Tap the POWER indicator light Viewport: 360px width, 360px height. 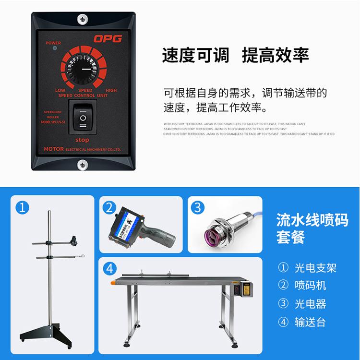pyautogui.click(x=54, y=48)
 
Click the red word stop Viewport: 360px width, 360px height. pyautogui.click(x=83, y=139)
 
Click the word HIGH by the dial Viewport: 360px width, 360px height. pyautogui.click(x=111, y=90)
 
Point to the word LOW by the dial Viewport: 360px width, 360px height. pyautogui.click(x=60, y=90)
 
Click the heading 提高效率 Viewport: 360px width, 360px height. pyautogui.click(x=275, y=56)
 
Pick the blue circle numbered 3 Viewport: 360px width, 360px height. pyautogui.click(x=198, y=207)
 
